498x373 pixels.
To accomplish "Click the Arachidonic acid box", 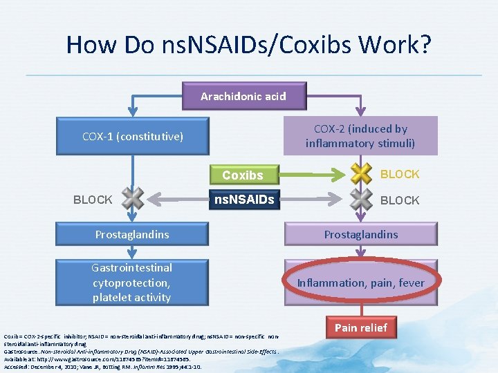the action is (243, 97).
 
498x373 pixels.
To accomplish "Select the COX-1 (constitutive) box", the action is (132, 137).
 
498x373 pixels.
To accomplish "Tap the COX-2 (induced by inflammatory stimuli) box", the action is (360, 136).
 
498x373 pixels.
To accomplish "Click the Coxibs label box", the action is (243, 175).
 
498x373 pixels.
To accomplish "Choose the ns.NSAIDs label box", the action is (243, 200).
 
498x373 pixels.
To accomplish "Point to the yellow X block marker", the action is (360, 174).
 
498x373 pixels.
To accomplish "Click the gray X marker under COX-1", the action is (133, 200).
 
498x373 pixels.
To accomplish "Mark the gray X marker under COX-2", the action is (360, 200).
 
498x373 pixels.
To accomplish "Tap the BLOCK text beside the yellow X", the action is (400, 174).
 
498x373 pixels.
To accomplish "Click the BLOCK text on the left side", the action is (93, 200).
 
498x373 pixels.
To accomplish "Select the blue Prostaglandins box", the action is (132, 235).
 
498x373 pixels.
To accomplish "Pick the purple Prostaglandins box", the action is (360, 235).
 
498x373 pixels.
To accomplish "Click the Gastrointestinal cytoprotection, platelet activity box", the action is (132, 283).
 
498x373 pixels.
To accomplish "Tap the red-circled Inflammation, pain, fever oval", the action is (360, 283).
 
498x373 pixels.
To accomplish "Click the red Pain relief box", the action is (360, 327).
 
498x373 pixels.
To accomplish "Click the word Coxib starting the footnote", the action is (12, 336).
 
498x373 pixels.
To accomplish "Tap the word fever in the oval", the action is (411, 283).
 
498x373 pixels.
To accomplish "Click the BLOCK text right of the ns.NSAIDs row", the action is (400, 200).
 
